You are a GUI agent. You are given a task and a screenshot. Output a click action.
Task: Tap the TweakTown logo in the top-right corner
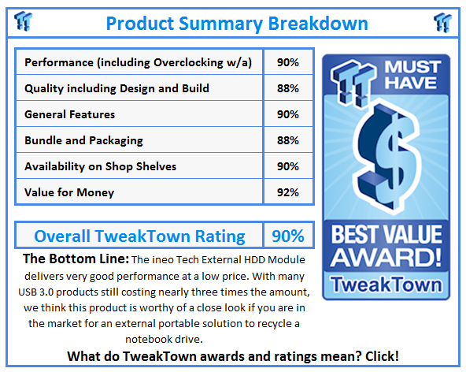pyautogui.click(x=443, y=21)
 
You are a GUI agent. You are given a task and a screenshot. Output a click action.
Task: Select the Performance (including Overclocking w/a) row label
pyautogui.click(x=139, y=62)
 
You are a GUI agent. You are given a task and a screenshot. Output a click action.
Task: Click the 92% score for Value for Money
pyautogui.click(x=288, y=192)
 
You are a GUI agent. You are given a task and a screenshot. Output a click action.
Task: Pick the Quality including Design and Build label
pyautogui.click(x=116, y=88)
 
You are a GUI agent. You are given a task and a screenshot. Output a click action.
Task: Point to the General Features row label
pyautogui.click(x=70, y=114)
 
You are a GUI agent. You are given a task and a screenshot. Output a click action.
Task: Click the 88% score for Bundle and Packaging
pyautogui.click(x=288, y=140)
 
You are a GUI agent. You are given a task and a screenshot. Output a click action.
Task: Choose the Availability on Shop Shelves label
pyautogui.click(x=101, y=166)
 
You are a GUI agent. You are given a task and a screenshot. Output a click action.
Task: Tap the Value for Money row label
pyautogui.click(x=69, y=192)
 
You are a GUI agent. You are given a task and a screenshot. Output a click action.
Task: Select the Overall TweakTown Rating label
pyautogui.click(x=139, y=236)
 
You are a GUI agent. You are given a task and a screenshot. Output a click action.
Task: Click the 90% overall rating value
pyautogui.click(x=288, y=236)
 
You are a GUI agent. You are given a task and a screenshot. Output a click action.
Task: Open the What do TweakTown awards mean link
pyautogui.click(x=233, y=356)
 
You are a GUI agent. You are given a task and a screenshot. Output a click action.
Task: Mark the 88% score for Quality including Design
pyautogui.click(x=288, y=88)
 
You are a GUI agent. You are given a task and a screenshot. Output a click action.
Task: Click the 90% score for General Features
pyautogui.click(x=288, y=114)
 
